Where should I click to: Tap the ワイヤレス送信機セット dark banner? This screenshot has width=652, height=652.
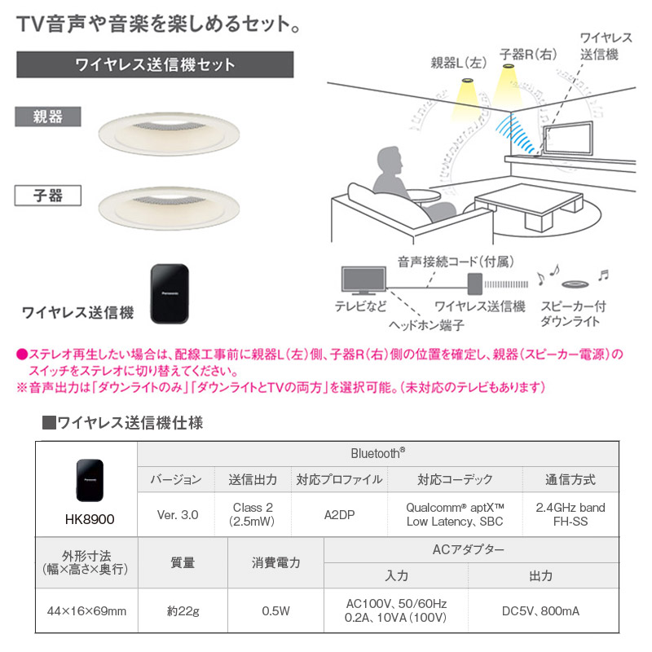[155, 64]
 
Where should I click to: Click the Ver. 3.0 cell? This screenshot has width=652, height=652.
[177, 514]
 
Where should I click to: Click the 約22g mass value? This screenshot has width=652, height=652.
[183, 610]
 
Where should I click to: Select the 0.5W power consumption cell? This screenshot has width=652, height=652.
[275, 610]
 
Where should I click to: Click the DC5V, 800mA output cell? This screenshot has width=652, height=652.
[540, 610]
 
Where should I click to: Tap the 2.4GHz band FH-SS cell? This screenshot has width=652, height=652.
[570, 514]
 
